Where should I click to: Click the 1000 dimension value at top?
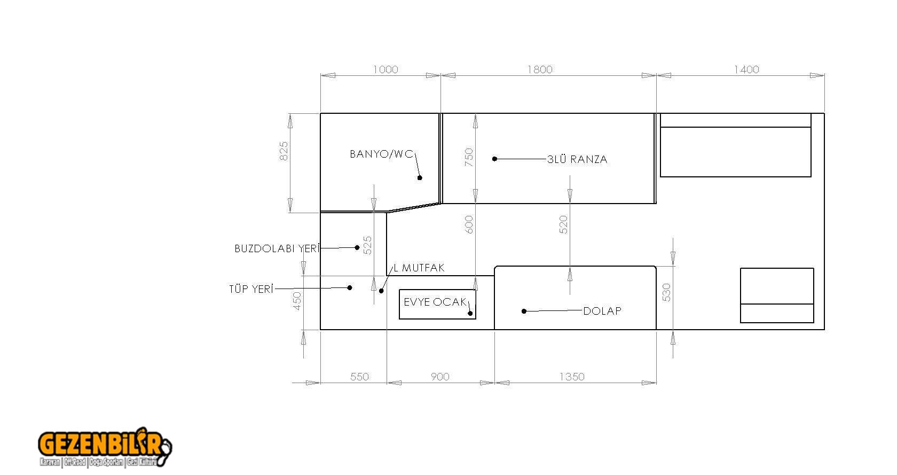tap(385, 70)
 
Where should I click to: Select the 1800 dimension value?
tap(540, 70)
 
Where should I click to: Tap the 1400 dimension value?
tap(746, 70)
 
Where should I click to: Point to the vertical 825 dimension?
tap(284, 151)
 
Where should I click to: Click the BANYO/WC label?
tap(381, 154)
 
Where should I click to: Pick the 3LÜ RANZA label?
tap(578, 160)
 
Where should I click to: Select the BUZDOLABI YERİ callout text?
tap(277, 248)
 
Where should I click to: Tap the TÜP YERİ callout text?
tap(251, 289)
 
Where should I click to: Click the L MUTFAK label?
tap(419, 268)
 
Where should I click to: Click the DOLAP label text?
tap(602, 311)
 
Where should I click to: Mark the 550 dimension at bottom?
tap(360, 377)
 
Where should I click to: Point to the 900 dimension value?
tap(440, 377)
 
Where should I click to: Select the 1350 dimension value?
tap(572, 377)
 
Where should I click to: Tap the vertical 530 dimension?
tap(666, 292)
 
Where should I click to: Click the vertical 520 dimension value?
tap(563, 224)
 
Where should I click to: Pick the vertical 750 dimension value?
tap(469, 158)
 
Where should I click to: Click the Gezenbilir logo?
tap(105, 447)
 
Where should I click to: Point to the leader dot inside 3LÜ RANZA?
tap(494, 159)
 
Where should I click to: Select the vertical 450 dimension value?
tap(297, 301)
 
